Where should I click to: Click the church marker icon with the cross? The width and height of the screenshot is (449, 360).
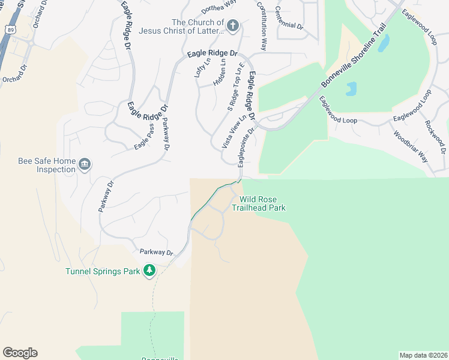(x=233, y=26)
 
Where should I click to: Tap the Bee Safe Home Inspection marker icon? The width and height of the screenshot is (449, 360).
(x=85, y=164)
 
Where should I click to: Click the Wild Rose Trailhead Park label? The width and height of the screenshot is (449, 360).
(x=262, y=203)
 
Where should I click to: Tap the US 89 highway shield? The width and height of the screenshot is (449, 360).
(x=11, y=29)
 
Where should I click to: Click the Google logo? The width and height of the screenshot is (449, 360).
(x=20, y=353)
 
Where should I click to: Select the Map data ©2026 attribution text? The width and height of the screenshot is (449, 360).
(x=423, y=355)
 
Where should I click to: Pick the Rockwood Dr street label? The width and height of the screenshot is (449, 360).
(x=435, y=134)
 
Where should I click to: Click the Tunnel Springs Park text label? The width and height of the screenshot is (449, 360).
(x=103, y=271)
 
